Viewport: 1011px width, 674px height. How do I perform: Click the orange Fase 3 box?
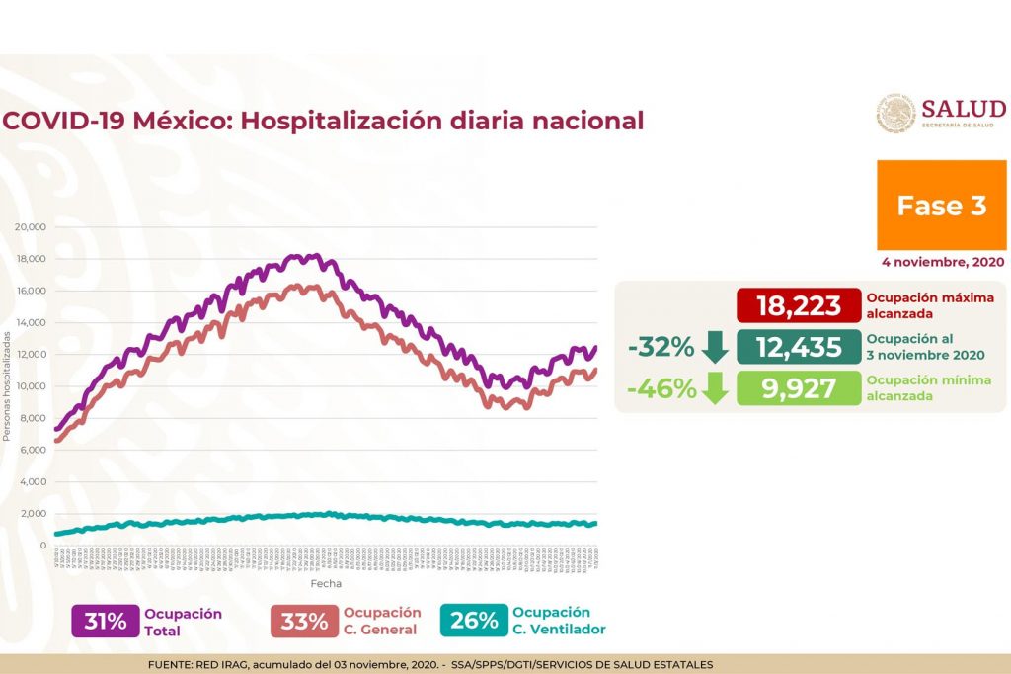941,206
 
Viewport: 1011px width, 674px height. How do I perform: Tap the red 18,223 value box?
798,305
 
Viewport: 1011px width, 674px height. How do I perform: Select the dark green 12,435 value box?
798,347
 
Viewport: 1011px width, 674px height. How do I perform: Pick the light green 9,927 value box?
798,388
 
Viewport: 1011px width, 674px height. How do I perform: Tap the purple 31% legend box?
104,621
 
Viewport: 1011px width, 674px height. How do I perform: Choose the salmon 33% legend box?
303,621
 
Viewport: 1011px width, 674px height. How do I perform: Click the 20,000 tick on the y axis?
31,227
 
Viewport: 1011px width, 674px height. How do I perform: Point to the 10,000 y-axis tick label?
31,386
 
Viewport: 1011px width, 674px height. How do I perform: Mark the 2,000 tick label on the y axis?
34,514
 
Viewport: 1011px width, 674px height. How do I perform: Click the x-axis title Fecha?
327,584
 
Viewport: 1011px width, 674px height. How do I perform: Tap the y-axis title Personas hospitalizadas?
7,386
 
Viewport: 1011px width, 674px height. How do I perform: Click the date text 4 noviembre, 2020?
943,262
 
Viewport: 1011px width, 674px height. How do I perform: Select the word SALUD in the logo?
964,108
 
